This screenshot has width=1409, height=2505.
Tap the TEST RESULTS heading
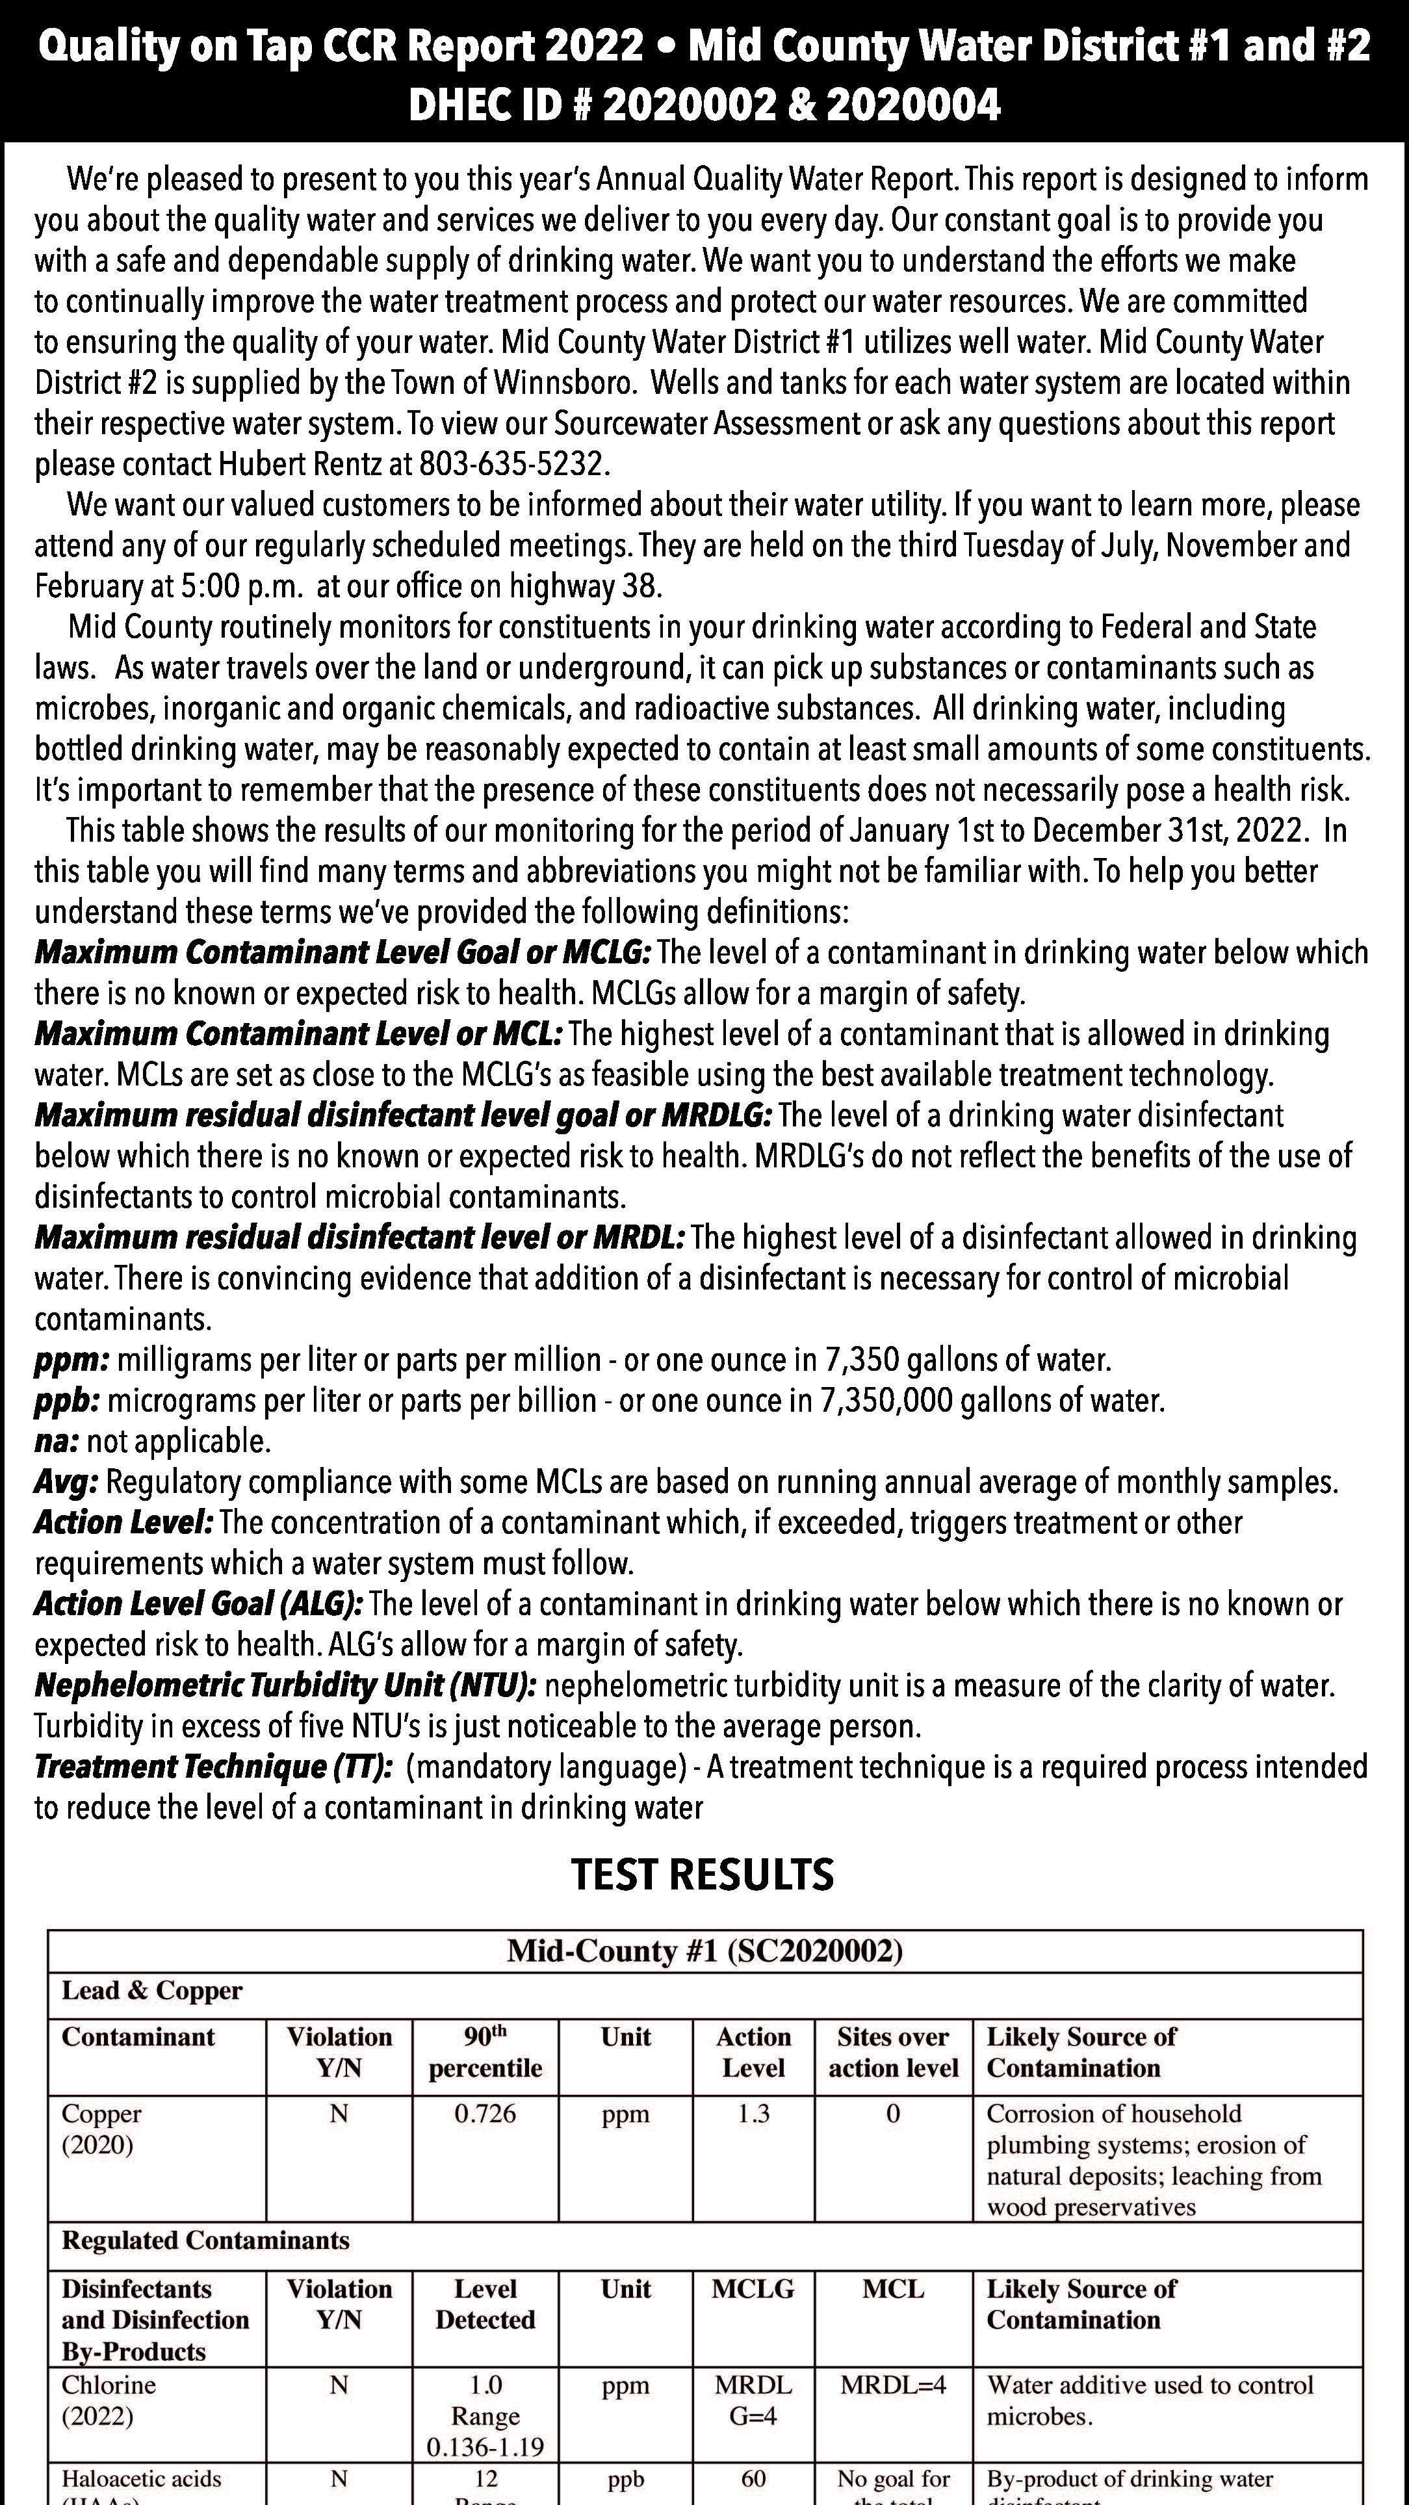click(702, 1874)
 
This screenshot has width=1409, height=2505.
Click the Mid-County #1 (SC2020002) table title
click(705, 1951)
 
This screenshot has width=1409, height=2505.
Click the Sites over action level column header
click(893, 2052)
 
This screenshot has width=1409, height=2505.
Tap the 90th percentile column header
click(485, 2052)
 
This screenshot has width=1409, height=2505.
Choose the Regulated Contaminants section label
click(205, 2240)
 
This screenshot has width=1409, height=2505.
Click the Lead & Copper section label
click(151, 1991)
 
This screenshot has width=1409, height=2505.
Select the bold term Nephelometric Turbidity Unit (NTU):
click(285, 1685)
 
